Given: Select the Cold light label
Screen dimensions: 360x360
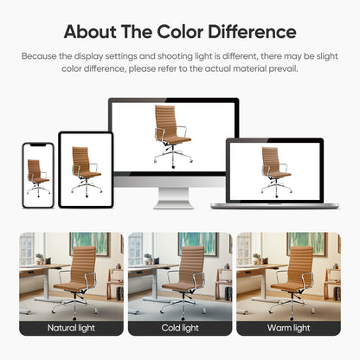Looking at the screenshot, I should (x=179, y=328).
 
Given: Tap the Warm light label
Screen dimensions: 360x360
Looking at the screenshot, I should (x=287, y=328).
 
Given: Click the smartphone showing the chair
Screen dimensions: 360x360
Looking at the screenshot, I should (x=38, y=170).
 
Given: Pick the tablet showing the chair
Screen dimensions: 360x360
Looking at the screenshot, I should (x=85, y=164).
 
